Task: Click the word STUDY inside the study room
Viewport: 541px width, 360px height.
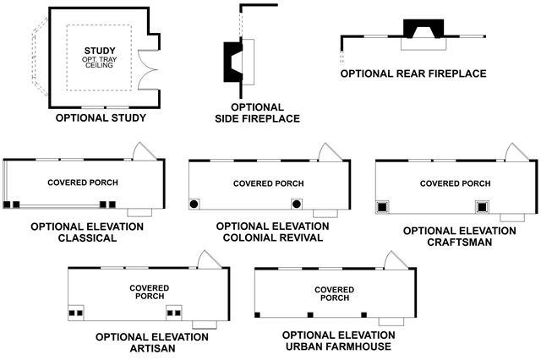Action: (99, 52)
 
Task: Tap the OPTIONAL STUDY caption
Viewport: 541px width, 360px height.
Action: (101, 118)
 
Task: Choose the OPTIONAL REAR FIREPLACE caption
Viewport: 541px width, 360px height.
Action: (413, 74)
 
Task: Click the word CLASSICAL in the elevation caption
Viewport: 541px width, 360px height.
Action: (86, 238)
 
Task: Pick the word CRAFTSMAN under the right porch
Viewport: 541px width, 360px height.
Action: (459, 242)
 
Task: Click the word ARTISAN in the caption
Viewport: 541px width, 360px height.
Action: (151, 347)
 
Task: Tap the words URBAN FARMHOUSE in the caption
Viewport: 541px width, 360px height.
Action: (338, 346)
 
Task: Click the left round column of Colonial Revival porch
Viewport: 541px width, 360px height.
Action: (194, 204)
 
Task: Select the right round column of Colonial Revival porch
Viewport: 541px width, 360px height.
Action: (296, 204)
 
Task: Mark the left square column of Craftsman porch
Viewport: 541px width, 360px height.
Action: (384, 205)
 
